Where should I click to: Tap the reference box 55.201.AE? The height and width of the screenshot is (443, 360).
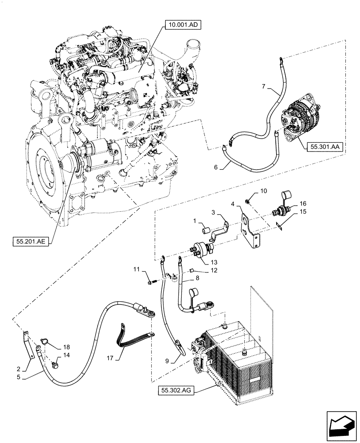(x=32, y=241)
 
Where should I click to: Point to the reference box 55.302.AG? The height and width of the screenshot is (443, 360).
(x=176, y=390)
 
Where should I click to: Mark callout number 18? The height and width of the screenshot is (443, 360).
(x=67, y=347)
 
